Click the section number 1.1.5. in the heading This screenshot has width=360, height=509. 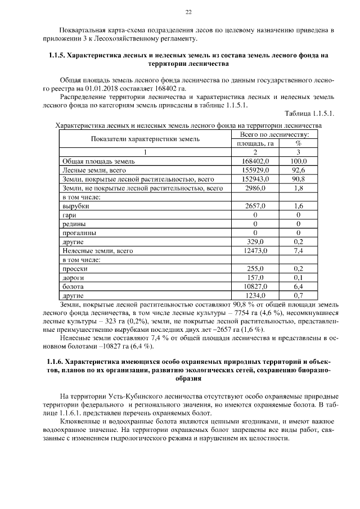(55, 56)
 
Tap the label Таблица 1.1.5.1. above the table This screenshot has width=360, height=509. (310, 113)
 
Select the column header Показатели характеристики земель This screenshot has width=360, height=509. (145, 139)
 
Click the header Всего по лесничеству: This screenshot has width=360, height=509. (274, 134)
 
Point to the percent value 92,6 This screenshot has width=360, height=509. (298, 170)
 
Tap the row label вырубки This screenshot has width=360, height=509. (76, 206)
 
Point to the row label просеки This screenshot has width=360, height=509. (75, 268)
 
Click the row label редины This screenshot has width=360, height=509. (74, 224)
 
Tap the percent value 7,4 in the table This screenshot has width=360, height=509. (298, 250)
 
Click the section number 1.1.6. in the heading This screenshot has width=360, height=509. (55, 361)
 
